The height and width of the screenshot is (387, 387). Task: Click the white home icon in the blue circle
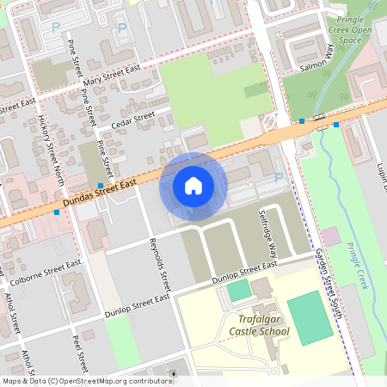coord(193,186)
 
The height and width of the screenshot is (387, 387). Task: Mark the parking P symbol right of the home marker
coord(278,178)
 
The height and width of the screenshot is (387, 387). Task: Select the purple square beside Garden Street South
coord(330,235)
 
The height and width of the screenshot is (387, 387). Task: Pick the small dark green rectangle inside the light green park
coord(255,89)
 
